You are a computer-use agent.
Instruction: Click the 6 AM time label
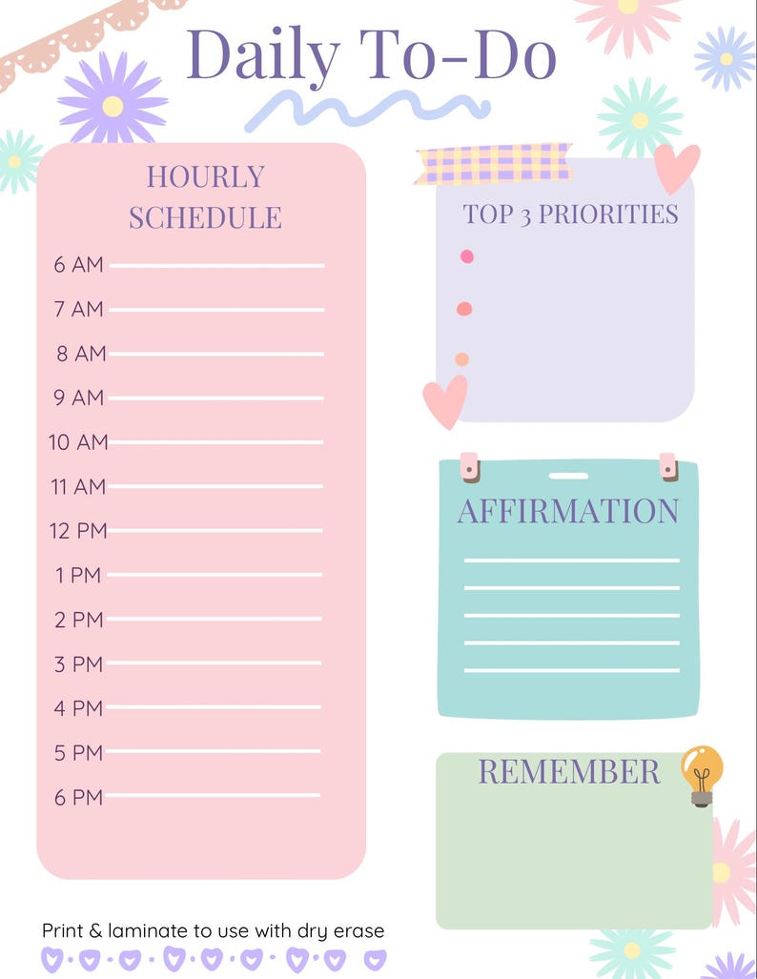pyautogui.click(x=78, y=265)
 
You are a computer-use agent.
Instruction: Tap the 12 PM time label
pyautogui.click(x=78, y=531)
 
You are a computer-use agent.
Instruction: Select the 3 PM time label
pyautogui.click(x=78, y=664)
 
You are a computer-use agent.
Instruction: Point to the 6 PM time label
pyautogui.click(x=78, y=797)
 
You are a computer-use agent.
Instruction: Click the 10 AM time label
pyautogui.click(x=78, y=442)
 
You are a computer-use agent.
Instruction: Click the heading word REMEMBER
pyautogui.click(x=568, y=771)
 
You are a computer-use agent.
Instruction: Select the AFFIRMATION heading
pyautogui.click(x=568, y=511)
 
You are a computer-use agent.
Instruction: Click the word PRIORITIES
pyautogui.click(x=608, y=214)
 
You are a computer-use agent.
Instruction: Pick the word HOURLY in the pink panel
pyautogui.click(x=205, y=176)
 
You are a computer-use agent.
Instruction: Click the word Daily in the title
pyautogui.click(x=262, y=54)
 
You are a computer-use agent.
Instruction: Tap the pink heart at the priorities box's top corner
pyautogui.click(x=677, y=167)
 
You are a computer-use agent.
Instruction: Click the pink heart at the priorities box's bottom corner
pyautogui.click(x=445, y=399)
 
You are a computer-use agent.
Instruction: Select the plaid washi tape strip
pyautogui.click(x=493, y=163)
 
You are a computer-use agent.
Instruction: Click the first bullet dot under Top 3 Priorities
pyautogui.click(x=466, y=256)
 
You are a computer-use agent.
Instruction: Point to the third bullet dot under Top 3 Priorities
pyautogui.click(x=462, y=359)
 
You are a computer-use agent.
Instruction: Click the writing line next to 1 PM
pyautogui.click(x=215, y=575)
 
